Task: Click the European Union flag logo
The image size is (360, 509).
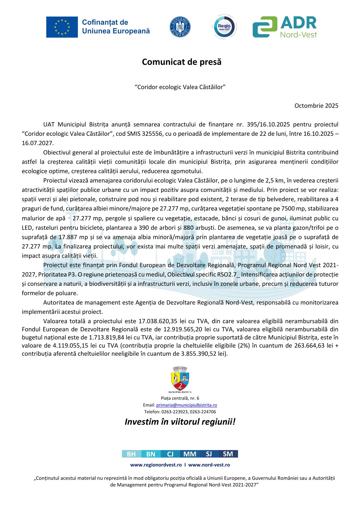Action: tap(62, 27)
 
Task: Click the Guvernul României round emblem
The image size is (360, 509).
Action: tap(180, 27)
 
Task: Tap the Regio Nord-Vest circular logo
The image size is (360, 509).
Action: tap(224, 27)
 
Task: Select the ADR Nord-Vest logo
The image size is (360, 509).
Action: tap(285, 27)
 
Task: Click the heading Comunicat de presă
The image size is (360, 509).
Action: tap(182, 62)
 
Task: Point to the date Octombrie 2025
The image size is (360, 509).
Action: tap(316, 106)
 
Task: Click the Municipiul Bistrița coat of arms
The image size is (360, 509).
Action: tap(180, 379)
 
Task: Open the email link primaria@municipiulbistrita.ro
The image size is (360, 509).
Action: tap(186, 405)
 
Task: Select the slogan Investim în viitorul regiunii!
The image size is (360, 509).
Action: tap(180, 422)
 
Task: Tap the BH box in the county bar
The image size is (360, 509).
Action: tap(131, 454)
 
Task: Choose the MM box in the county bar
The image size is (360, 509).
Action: tap(190, 454)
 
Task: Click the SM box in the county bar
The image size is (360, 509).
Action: tap(228, 454)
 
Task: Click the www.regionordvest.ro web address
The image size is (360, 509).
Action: tap(156, 465)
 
